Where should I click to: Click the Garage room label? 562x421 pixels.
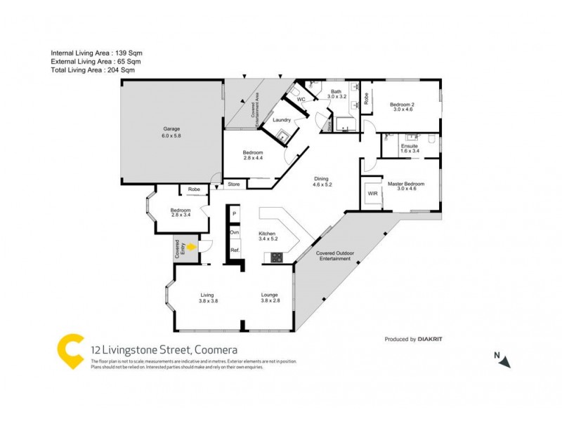[172, 129]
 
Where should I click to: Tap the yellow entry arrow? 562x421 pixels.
[190, 246]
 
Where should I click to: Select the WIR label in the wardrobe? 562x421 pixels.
[372, 194]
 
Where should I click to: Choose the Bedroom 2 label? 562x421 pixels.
[405, 104]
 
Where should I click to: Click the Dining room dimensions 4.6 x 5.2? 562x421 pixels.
[322, 185]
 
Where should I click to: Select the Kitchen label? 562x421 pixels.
[267, 233]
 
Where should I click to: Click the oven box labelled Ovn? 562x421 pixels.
[235, 232]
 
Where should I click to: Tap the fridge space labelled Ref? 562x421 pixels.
[235, 250]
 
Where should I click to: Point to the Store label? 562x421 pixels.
[233, 185]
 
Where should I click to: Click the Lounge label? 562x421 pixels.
[270, 295]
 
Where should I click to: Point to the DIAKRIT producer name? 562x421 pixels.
[429, 339]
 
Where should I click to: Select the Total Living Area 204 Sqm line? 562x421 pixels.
[93, 70]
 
